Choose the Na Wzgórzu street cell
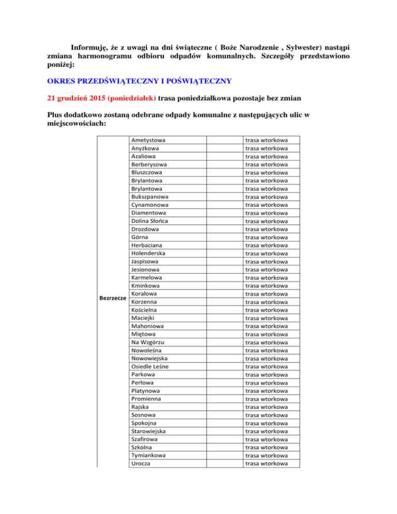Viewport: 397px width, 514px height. [x=150, y=342]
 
